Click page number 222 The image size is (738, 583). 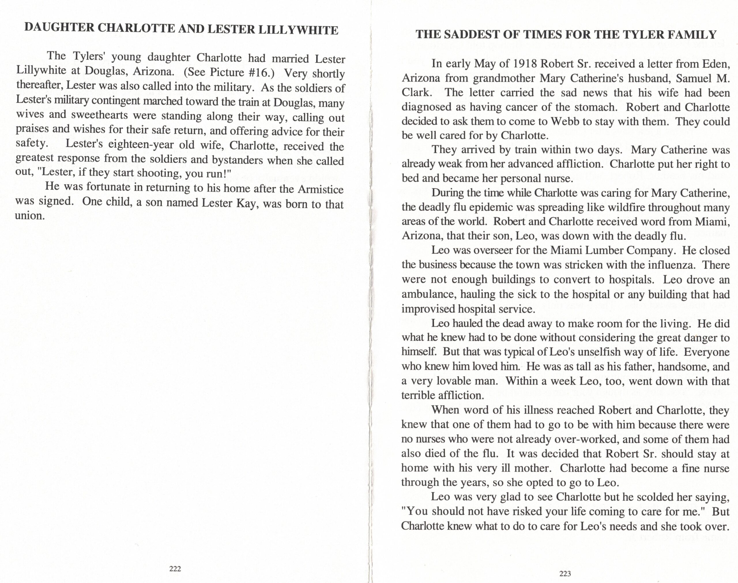click(x=175, y=568)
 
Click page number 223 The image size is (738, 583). click(x=565, y=573)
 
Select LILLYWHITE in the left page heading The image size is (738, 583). click(x=298, y=30)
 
